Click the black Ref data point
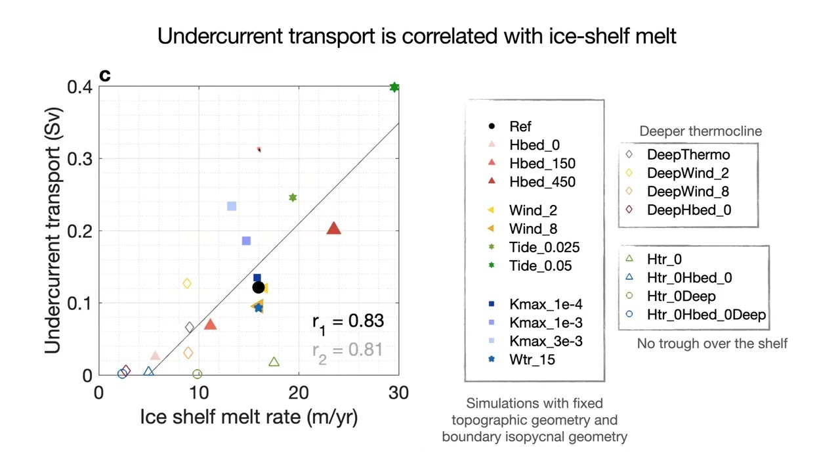pos(258,287)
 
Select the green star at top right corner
pos(394,87)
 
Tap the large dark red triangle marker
pos(333,229)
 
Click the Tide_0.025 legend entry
pos(544,247)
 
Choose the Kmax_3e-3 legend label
pos(545,341)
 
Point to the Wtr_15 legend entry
pos(532,359)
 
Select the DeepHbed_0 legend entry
pos(688,210)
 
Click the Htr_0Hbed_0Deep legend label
pos(706,314)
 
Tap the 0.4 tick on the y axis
pos(79,87)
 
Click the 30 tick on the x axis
pos(398,393)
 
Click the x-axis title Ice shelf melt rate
pos(249,417)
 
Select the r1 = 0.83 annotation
pos(348,321)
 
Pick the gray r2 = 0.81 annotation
pos(347,350)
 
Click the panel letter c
pos(105,76)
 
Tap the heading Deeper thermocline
pos(700,131)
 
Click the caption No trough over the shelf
pos(712,343)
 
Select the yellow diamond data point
pos(187,284)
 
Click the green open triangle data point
pos(274,362)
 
